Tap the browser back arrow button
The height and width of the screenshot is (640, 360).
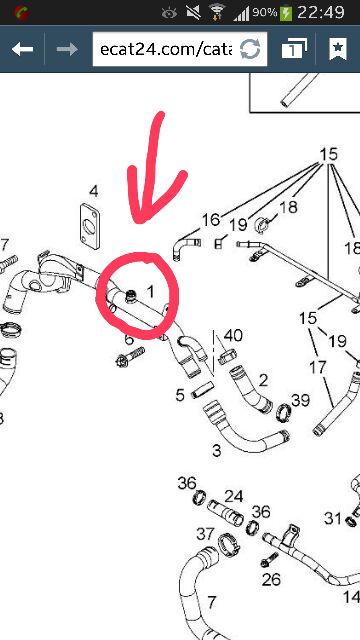[x=22, y=49]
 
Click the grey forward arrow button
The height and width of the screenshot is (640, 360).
[x=67, y=49]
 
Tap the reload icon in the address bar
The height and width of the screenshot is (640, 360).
[x=250, y=50]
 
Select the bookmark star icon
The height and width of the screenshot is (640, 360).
[x=338, y=49]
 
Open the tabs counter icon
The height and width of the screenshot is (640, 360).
[x=294, y=49]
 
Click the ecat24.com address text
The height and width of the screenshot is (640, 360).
[x=166, y=49]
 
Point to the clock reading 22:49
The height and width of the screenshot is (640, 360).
[x=320, y=12]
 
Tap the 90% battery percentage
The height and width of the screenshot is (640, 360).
[x=264, y=13]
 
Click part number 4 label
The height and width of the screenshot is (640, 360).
[x=93, y=191]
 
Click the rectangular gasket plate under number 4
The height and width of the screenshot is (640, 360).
[x=89, y=226]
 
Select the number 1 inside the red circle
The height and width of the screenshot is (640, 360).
[x=151, y=291]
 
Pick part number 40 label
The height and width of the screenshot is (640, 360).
[x=233, y=336]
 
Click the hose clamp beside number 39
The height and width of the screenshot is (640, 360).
[x=284, y=413]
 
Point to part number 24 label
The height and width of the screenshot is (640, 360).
[x=234, y=496]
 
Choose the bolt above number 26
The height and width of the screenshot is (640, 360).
[x=269, y=559]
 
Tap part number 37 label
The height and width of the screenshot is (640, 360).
[x=205, y=533]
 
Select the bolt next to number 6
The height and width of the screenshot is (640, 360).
[x=130, y=356]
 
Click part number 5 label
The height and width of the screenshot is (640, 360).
[x=180, y=395]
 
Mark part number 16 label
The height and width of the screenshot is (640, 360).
[x=211, y=220]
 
